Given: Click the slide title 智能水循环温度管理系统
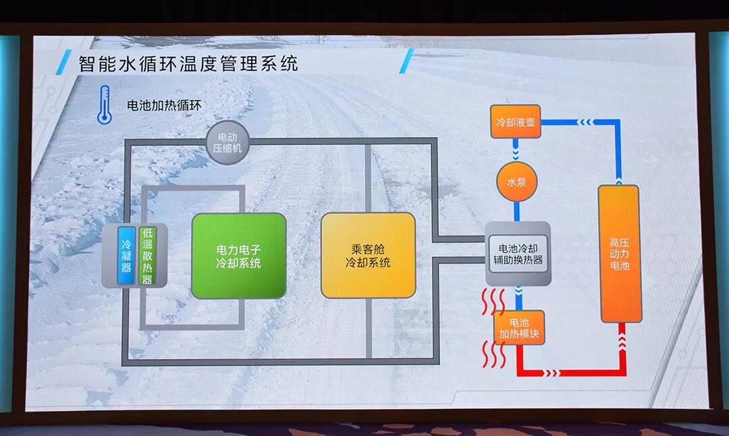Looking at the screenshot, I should tap(188, 64).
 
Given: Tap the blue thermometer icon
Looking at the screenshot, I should tap(104, 105).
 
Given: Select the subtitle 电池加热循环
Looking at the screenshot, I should tap(164, 106).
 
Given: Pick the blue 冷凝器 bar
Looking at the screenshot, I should tap(126, 255).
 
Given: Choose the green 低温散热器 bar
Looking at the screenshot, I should tap(146, 255).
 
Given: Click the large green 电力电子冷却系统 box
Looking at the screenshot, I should tap(238, 256).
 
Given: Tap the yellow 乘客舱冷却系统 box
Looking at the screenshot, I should tap(368, 255).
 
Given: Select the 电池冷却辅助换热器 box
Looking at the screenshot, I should tap(518, 253).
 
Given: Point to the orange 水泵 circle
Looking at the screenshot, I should tap(516, 182).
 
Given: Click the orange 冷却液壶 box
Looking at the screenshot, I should tap(515, 122).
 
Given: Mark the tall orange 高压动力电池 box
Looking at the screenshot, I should tap(618, 253).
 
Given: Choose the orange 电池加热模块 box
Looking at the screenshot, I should tap(518, 328).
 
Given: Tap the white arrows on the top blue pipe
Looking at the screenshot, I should tap(585, 122).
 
